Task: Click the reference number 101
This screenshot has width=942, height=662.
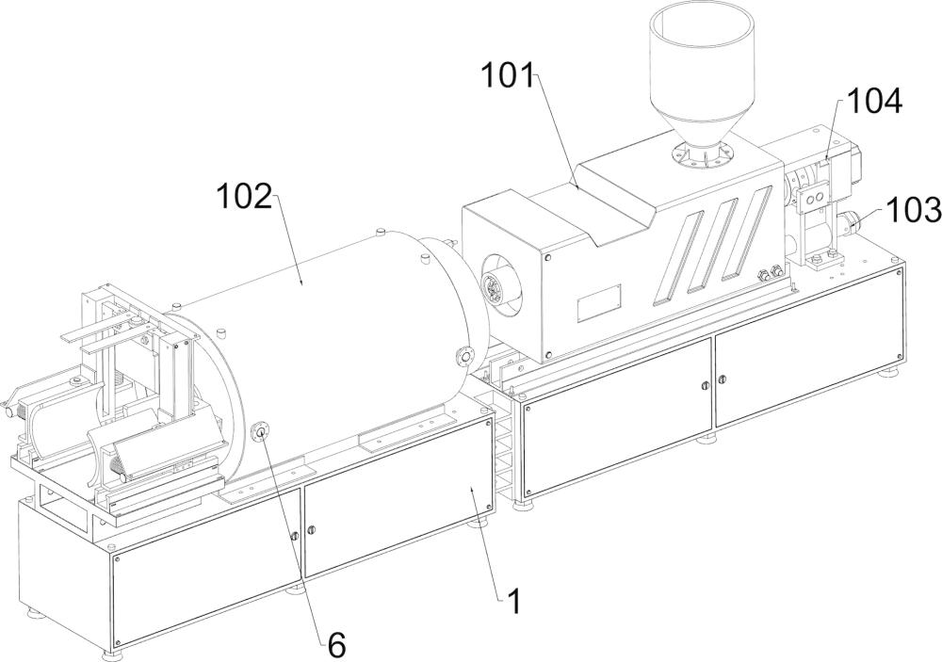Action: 509,77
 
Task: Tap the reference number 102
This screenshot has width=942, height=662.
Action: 245,197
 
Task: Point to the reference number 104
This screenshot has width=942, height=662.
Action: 874,101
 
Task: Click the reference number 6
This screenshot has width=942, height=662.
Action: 337,646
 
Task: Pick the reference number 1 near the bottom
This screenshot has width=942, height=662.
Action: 512,601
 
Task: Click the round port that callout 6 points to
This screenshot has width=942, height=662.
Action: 261,431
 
